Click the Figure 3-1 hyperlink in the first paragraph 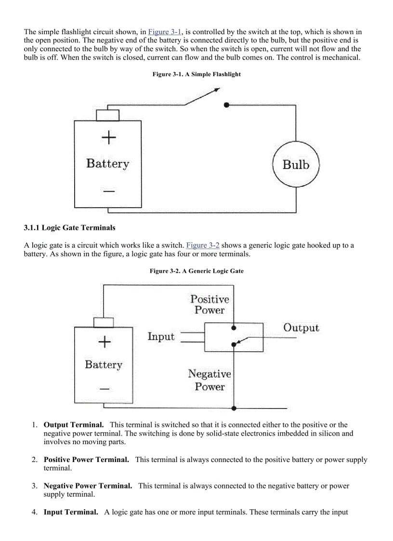[x=165, y=32]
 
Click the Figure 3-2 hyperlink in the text [x=203, y=245]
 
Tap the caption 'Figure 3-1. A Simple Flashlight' [x=196, y=74]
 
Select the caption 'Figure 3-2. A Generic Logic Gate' [x=196, y=271]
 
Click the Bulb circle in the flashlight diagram [x=296, y=165]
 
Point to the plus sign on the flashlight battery [x=109, y=138]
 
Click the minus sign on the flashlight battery [x=109, y=191]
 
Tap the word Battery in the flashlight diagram [x=108, y=164]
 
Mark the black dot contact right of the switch [x=226, y=105]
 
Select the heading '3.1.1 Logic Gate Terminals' [x=69, y=227]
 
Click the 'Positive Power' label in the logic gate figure [x=210, y=304]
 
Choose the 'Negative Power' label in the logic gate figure [x=210, y=380]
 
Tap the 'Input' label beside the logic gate [x=161, y=336]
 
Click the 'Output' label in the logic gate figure [x=301, y=328]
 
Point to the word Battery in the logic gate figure [x=104, y=364]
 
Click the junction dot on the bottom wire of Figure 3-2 [x=234, y=408]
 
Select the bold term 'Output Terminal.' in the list [x=74, y=425]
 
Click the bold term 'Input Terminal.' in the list [x=71, y=512]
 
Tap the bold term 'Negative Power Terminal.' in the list [x=88, y=486]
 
